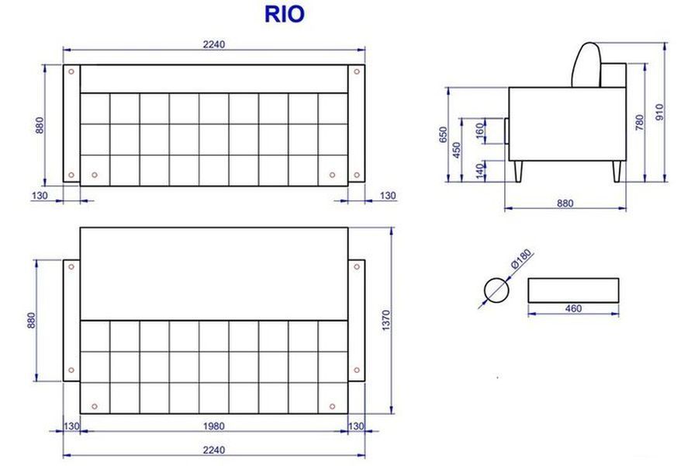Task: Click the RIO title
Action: tap(285, 14)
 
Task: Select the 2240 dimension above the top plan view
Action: tap(214, 44)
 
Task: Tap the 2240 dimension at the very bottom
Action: tap(214, 450)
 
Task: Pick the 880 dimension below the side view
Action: tap(565, 203)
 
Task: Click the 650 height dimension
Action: tap(444, 134)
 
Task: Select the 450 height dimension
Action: tap(457, 149)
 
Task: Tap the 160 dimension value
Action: tap(480, 130)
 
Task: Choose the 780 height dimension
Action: tap(640, 123)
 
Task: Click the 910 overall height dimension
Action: tap(660, 112)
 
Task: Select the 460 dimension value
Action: tap(573, 308)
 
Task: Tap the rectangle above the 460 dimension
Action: tap(573, 290)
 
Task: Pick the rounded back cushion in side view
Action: tap(587, 64)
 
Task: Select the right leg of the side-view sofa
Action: tap(617, 170)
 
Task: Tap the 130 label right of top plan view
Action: tap(388, 196)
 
